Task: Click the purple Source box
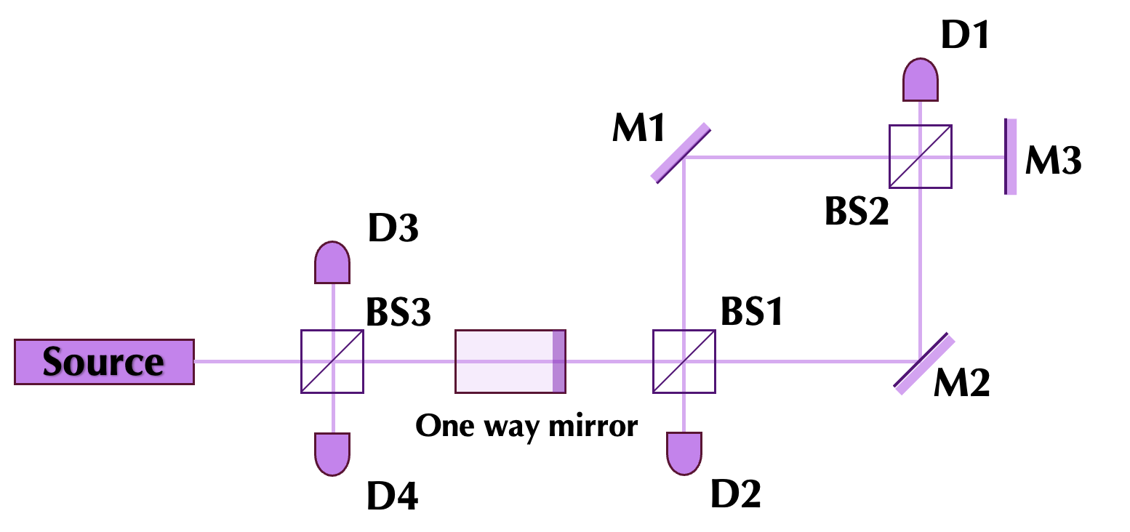[x=104, y=361]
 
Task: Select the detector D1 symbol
[x=921, y=80]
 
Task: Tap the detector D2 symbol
[x=684, y=454]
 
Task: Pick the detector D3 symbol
[x=332, y=262]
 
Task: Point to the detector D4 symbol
[x=332, y=454]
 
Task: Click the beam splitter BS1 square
[x=684, y=362]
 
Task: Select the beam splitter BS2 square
[x=921, y=156]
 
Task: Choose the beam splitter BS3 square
[x=332, y=362]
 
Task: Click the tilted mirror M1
[x=680, y=153]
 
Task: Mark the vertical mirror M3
[x=1010, y=157]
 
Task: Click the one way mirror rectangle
[x=510, y=362]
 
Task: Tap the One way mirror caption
[x=526, y=425]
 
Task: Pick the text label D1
[x=965, y=35]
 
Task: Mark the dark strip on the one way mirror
[x=558, y=362]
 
